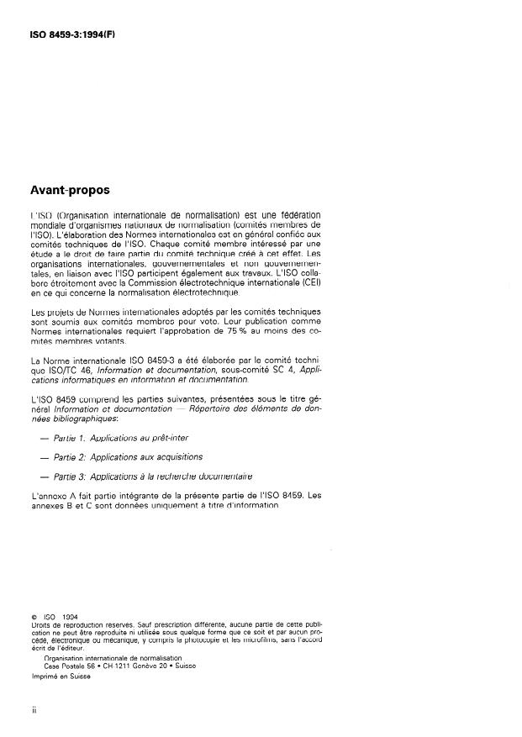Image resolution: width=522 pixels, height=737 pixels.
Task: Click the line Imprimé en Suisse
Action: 61,676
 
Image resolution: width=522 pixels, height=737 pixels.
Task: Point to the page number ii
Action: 34,710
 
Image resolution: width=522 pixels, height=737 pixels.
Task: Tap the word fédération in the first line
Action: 295,215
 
